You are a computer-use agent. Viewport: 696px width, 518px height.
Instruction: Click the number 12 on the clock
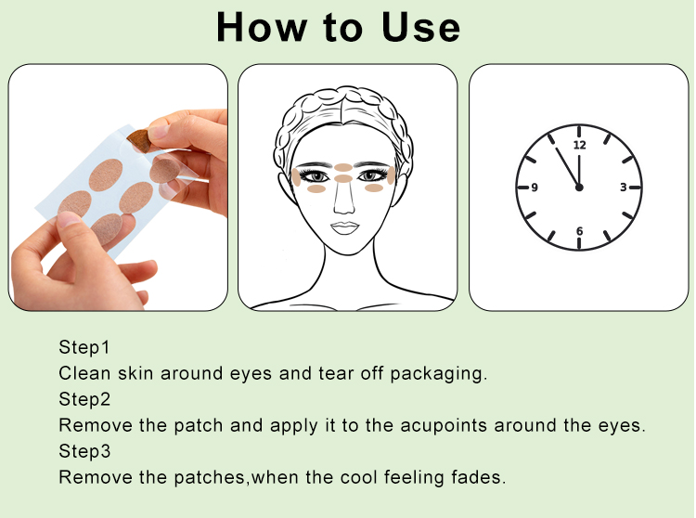click(x=580, y=145)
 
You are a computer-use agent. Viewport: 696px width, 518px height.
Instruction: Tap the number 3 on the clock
click(x=624, y=188)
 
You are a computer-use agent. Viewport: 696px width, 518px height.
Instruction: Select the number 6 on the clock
click(x=579, y=231)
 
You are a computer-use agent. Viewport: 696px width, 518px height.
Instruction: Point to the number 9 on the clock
click(x=535, y=188)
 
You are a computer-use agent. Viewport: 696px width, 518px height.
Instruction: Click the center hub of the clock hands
click(x=579, y=188)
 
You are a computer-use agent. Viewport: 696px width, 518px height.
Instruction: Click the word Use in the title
click(x=420, y=28)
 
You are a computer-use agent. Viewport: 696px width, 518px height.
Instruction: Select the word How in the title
click(x=262, y=28)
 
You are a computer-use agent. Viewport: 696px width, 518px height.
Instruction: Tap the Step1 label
click(x=84, y=347)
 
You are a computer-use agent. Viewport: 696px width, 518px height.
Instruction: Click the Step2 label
click(x=84, y=399)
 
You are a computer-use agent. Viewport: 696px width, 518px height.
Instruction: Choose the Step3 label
click(x=84, y=451)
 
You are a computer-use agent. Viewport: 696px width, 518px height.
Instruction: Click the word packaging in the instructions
click(x=439, y=374)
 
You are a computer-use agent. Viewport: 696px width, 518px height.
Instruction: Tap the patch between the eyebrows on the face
click(x=343, y=167)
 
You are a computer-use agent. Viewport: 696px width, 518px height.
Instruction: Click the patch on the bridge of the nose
click(x=343, y=179)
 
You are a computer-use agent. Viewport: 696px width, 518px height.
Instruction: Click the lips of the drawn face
click(x=345, y=228)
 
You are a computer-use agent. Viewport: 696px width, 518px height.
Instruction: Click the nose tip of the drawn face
click(x=344, y=209)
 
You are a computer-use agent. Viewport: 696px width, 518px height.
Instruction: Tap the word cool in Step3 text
click(x=358, y=477)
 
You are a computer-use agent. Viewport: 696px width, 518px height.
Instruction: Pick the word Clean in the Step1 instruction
click(x=84, y=373)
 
